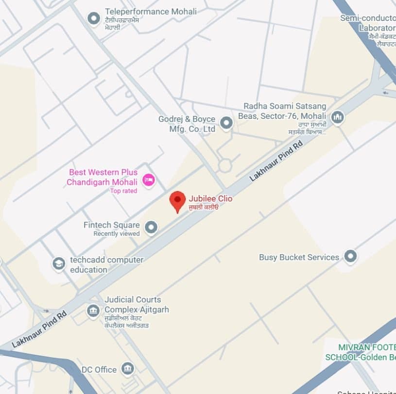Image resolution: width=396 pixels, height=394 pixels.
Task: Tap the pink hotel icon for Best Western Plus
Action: pyautogui.click(x=148, y=181)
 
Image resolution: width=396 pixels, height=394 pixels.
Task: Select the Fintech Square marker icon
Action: pyautogui.click(x=151, y=227)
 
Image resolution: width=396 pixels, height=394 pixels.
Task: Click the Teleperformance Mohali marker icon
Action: pyautogui.click(x=93, y=18)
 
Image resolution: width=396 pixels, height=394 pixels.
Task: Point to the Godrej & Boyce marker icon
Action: pyautogui.click(x=225, y=123)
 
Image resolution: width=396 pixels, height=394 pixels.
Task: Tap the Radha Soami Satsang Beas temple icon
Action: pyautogui.click(x=337, y=117)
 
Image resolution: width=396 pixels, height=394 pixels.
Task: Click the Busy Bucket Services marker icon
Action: pyautogui.click(x=350, y=256)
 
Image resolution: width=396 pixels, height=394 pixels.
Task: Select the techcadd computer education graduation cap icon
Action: pyautogui.click(x=59, y=264)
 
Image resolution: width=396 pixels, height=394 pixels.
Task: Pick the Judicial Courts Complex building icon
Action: pyautogui.click(x=93, y=311)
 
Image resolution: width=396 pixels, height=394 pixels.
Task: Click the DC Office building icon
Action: pyautogui.click(x=128, y=369)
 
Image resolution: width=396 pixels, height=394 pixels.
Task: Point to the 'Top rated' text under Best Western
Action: pyautogui.click(x=123, y=191)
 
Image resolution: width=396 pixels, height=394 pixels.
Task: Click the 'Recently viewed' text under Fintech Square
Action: pyautogui.click(x=116, y=234)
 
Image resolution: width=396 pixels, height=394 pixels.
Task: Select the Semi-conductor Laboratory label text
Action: pyautogui.click(x=368, y=23)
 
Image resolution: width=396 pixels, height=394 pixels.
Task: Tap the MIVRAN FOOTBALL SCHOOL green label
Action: pyautogui.click(x=360, y=352)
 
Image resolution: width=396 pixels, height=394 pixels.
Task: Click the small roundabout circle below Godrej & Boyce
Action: pyautogui.click(x=224, y=165)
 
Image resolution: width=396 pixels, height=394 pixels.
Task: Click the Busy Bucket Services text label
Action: pyautogui.click(x=299, y=257)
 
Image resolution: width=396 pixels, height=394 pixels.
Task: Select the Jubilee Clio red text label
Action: pyautogui.click(x=210, y=198)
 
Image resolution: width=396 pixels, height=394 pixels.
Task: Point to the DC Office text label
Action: pyautogui.click(x=99, y=370)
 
